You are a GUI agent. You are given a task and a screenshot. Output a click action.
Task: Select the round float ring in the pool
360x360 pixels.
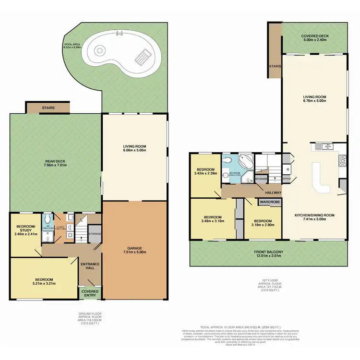click(x=100, y=50)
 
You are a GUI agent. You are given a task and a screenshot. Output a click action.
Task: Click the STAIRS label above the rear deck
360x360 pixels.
click(x=48, y=108)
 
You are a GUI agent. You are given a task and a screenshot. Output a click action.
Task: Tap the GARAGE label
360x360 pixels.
click(x=135, y=248)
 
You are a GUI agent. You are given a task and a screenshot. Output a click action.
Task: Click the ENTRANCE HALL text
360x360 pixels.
click(x=89, y=266)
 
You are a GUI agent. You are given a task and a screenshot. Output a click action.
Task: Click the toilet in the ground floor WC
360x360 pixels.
click(x=47, y=218)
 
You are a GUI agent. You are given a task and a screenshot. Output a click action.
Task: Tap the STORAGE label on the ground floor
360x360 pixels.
click(x=95, y=234)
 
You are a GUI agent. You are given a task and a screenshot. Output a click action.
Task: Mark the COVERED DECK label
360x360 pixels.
click(x=314, y=38)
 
